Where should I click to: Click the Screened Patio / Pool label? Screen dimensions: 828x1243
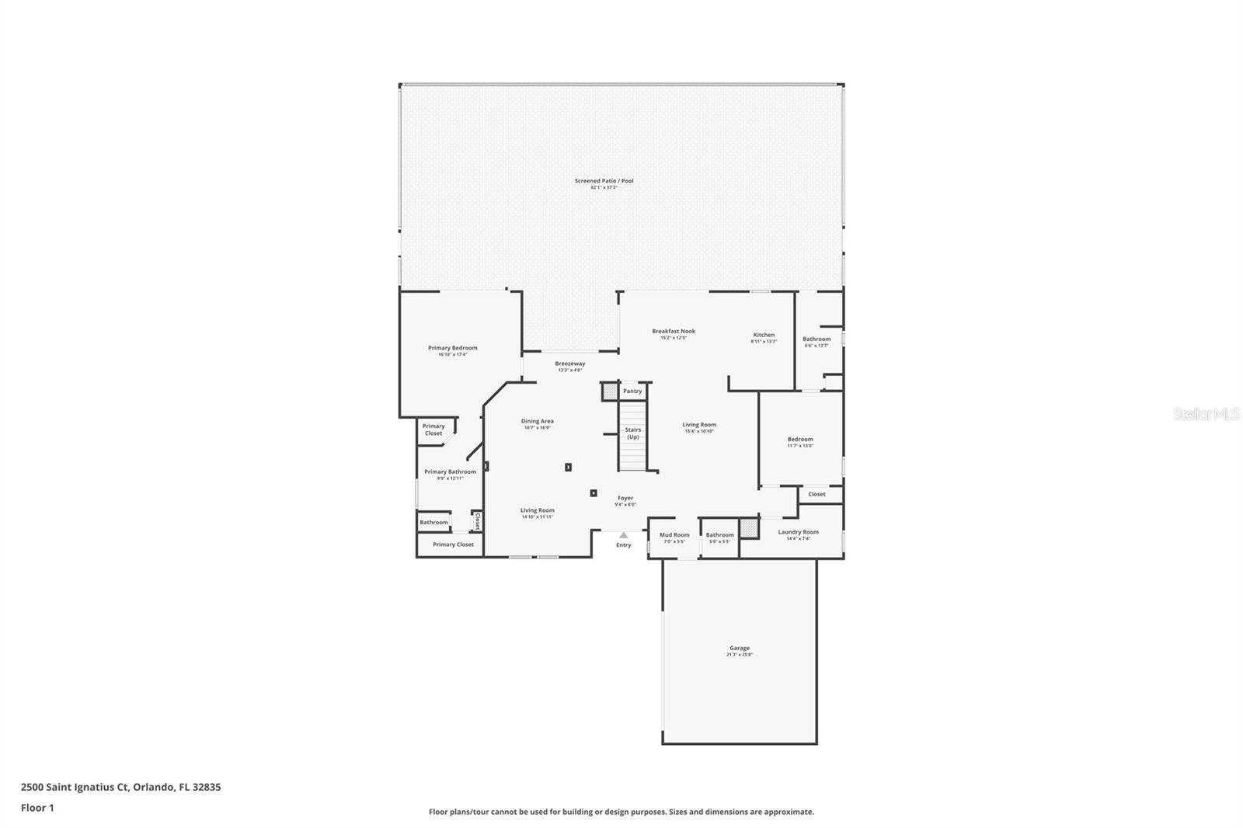point(604,181)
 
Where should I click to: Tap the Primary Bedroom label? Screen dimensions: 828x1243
point(452,348)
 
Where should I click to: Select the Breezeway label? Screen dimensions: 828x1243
point(569,364)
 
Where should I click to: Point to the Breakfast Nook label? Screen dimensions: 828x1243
point(674,331)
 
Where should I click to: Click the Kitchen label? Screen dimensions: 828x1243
point(764,335)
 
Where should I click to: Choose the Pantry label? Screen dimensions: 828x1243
point(632,391)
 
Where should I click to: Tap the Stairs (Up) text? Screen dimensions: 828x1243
point(633,433)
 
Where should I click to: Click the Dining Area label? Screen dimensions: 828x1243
point(537,421)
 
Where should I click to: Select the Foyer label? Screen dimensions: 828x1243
point(625,498)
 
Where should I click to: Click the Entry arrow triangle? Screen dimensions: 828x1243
point(623,535)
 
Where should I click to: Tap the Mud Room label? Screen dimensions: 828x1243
point(674,534)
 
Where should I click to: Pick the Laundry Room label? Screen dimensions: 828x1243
point(799,532)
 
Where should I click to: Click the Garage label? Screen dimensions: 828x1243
point(740,648)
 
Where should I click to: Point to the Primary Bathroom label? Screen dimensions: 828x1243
point(450,471)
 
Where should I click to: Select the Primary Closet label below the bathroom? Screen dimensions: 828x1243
point(453,544)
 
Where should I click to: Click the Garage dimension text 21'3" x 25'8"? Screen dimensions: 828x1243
point(740,655)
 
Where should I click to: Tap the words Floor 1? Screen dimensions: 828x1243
point(37,808)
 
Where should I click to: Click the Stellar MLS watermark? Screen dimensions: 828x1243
point(1206,415)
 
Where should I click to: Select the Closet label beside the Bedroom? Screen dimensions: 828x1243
point(816,494)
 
